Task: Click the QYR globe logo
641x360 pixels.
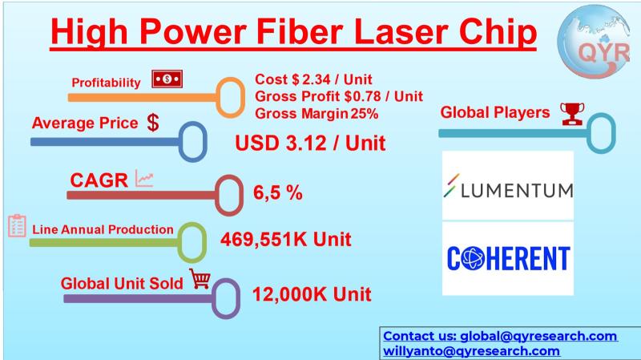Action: pos(594,41)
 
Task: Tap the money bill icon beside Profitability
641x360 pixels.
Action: pos(167,79)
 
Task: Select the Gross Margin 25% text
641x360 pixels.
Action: pos(316,113)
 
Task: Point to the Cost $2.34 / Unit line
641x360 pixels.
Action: pos(313,79)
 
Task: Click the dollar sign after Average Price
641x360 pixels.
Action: pos(153,123)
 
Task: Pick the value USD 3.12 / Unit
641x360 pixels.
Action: pos(310,144)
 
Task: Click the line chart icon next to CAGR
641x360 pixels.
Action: pos(144,178)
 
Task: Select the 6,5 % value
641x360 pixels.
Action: pos(278,192)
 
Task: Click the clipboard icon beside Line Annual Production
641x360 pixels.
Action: pos(17,226)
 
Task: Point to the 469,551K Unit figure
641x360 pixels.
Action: pos(286,239)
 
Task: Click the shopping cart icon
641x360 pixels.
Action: pos(200,278)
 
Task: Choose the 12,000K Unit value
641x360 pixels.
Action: pos(312,294)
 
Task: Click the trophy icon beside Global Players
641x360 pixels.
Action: pos(572,114)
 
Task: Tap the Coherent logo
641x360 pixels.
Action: pos(508,258)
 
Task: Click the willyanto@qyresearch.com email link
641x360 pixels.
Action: pos(471,351)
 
